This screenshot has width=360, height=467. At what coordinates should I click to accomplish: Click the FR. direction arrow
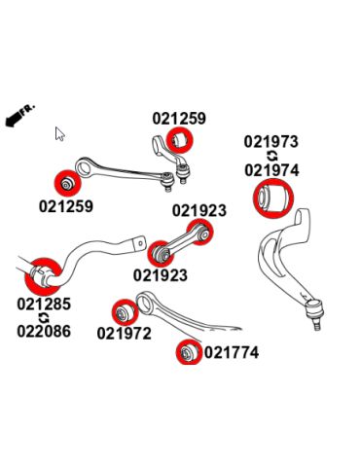click(x=18, y=116)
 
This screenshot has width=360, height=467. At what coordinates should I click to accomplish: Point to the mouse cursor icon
click(x=59, y=134)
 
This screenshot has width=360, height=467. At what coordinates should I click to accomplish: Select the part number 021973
click(x=271, y=142)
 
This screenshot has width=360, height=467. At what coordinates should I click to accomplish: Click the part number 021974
click(x=271, y=170)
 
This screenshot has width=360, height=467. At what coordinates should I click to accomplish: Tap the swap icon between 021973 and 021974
click(x=271, y=156)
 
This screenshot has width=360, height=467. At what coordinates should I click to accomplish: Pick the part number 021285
click(x=44, y=304)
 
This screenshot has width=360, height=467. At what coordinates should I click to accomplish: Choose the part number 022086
click(x=44, y=331)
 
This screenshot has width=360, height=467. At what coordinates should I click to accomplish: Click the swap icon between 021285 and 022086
click(x=44, y=317)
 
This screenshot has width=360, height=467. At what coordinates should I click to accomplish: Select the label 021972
click(x=124, y=334)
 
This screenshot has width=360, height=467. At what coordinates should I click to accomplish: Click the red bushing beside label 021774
click(x=187, y=350)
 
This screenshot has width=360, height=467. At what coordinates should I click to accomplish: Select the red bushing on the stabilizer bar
click(x=42, y=274)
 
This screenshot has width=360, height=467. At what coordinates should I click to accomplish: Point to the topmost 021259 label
click(x=179, y=119)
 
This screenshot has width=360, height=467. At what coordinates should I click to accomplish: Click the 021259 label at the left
click(x=66, y=206)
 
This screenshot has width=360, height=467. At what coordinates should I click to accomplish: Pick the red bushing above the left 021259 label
click(x=64, y=184)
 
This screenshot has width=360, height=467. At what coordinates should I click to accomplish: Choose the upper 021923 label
click(x=199, y=210)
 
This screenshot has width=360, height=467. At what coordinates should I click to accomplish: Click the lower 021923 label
click(x=160, y=275)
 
